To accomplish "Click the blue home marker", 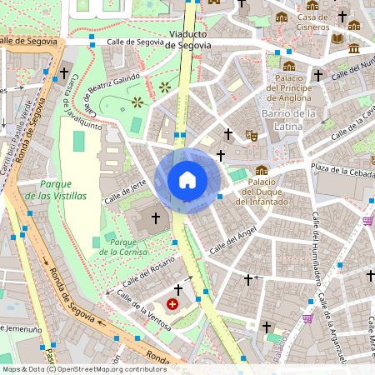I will click(187, 180).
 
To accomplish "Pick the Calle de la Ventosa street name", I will click(145, 309).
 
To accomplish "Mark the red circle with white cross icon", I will click(172, 305).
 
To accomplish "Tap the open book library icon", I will click(337, 38).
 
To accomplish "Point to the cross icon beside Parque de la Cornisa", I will click(154, 218).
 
